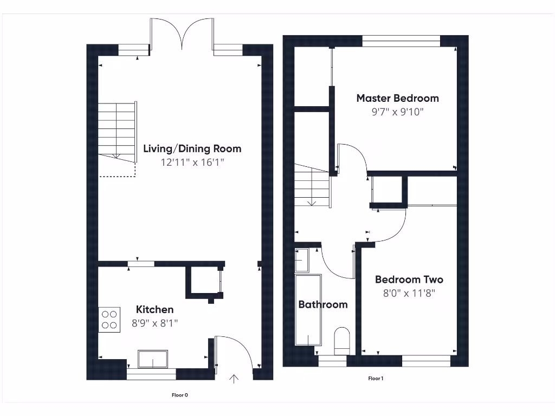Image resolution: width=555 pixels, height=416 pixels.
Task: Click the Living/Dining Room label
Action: [192, 148]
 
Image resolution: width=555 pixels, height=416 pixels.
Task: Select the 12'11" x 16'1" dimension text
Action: [192, 162]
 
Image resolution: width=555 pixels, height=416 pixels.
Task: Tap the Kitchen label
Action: [154, 309]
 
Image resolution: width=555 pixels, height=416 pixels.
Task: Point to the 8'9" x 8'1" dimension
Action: [154, 323]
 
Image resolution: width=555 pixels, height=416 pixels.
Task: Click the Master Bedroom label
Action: [397, 98]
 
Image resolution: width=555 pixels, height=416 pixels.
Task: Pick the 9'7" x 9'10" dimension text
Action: [397, 112]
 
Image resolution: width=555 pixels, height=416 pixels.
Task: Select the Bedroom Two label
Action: [409, 279]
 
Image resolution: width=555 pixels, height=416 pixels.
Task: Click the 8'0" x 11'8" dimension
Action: [409, 293]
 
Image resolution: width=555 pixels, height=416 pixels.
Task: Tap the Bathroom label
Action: [323, 304]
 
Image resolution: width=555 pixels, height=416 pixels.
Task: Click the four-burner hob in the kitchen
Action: [109, 319]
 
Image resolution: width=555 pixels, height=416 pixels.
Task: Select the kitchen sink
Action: [153, 359]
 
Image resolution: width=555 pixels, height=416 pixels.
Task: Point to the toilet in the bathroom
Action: [342, 341]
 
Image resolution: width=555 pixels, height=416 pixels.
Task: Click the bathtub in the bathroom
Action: [308, 310]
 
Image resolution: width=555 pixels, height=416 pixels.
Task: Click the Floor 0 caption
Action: [180, 395]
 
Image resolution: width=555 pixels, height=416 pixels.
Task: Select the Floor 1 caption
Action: [376, 378]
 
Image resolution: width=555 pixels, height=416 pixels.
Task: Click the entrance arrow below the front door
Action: [234, 378]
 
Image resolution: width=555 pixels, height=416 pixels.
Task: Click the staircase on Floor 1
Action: [312, 187]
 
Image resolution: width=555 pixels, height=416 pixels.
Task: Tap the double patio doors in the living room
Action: [183, 34]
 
